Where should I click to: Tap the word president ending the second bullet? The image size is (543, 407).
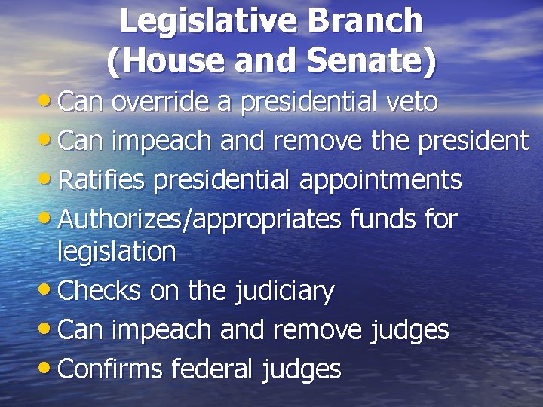point(466,140)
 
